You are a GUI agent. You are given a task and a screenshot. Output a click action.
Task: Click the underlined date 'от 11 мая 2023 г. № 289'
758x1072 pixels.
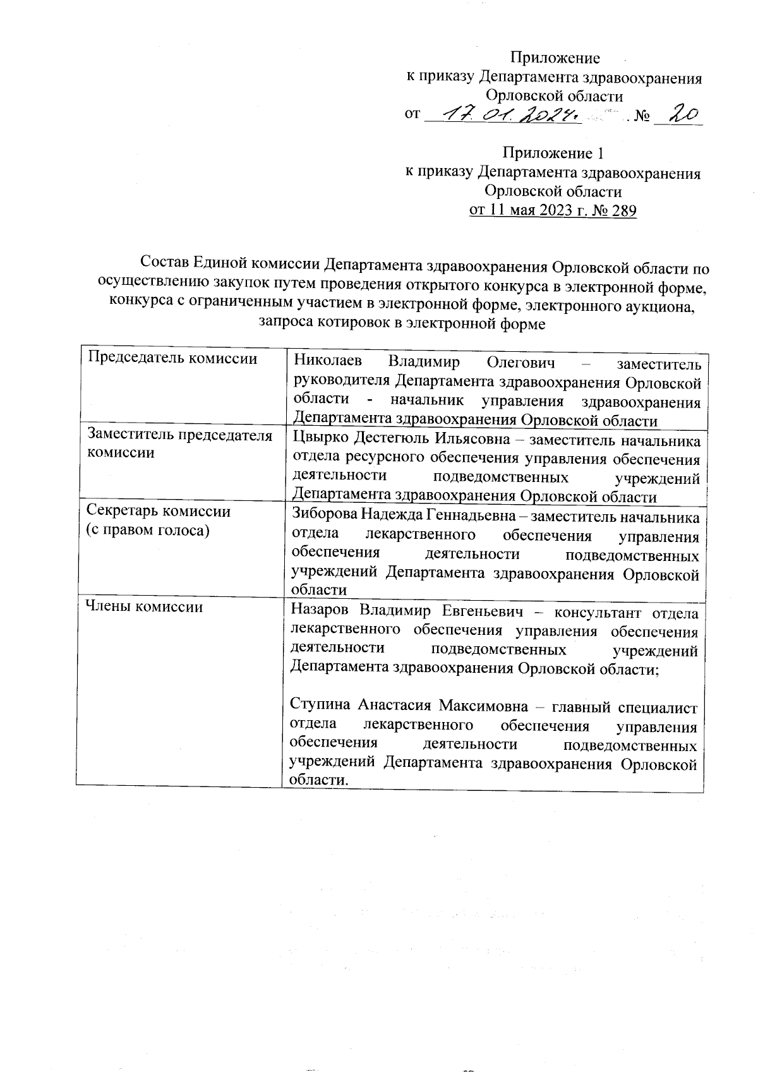click(x=552, y=210)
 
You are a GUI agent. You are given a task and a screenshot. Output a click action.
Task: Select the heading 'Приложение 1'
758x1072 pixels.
click(x=553, y=154)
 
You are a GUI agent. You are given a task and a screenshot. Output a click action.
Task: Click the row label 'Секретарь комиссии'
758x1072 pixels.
click(x=158, y=511)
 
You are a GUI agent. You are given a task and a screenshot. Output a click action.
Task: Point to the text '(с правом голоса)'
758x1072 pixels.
click(x=147, y=530)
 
